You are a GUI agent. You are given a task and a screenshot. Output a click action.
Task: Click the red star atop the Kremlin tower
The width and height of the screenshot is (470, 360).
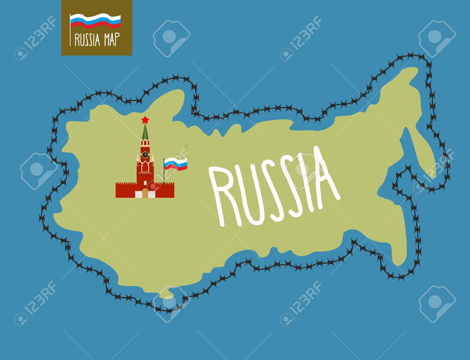click(x=145, y=119)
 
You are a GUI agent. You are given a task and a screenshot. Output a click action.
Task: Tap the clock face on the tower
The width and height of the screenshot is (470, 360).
click(x=145, y=154)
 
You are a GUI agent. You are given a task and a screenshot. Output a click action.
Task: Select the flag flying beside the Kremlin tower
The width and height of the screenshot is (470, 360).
click(x=176, y=164)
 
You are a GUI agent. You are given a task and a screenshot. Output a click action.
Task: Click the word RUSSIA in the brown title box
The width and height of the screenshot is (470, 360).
click(x=87, y=40)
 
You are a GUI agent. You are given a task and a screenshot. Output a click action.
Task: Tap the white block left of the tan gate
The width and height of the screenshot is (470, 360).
click(x=139, y=194)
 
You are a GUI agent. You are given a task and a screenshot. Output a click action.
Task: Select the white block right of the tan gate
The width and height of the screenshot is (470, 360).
click(x=151, y=194)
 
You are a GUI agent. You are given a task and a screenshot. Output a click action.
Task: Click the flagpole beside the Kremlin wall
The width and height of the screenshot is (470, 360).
click(x=164, y=173)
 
